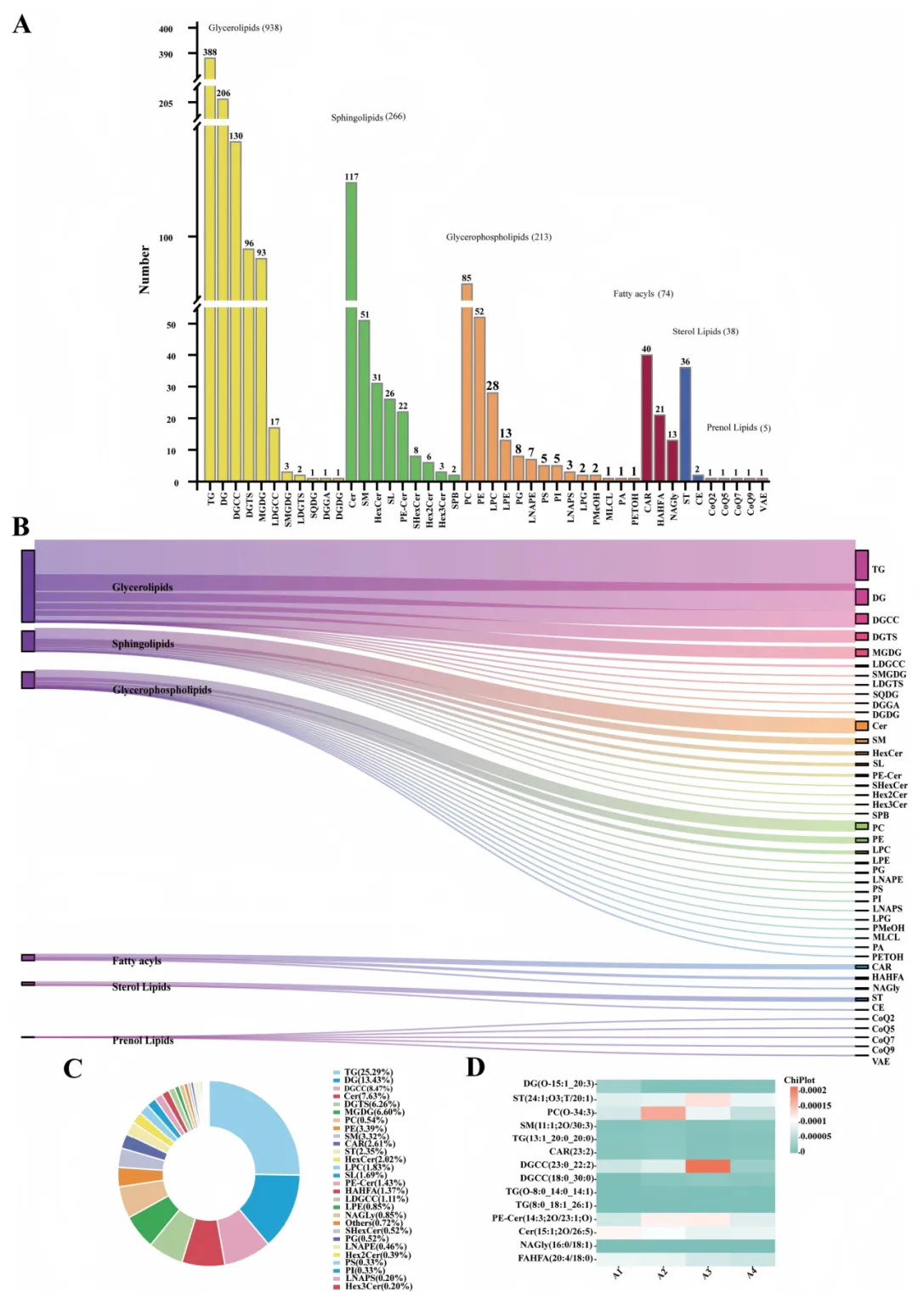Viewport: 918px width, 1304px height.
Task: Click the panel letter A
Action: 22,24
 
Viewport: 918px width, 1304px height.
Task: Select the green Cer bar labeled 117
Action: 351,331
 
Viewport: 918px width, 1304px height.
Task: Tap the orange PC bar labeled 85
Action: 467,382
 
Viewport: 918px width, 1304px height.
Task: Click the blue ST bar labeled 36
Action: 685,424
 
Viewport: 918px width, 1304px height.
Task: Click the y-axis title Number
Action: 144,269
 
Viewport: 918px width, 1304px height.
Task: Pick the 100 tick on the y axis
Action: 166,238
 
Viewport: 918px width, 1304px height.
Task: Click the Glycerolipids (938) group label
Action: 245,28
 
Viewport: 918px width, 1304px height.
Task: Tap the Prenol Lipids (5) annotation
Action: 738,427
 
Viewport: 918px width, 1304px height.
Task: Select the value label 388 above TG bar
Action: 210,53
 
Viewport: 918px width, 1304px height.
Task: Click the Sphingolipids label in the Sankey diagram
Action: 143,644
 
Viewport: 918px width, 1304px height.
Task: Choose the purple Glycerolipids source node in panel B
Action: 28,586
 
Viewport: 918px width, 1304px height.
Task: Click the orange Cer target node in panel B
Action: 862,725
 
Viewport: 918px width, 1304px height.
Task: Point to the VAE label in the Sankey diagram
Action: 881,1061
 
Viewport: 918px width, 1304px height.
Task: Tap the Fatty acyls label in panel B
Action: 137,961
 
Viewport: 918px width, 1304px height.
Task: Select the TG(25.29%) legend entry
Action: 368,1073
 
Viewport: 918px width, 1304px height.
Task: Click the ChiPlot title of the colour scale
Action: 799,1081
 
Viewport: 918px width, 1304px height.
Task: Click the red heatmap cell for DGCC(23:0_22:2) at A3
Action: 707,1166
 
